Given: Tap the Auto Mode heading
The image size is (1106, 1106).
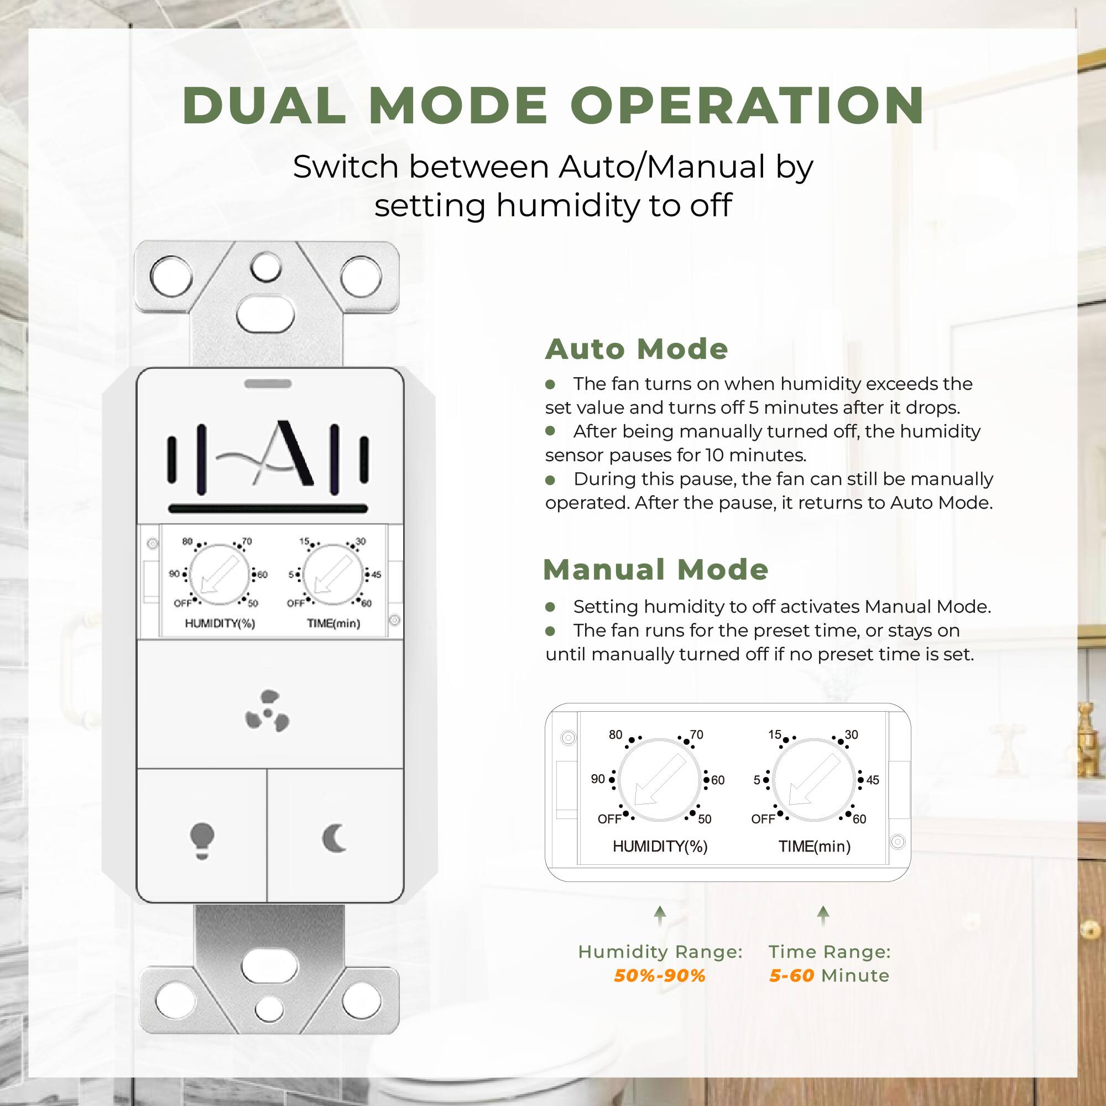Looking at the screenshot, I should pos(636,348).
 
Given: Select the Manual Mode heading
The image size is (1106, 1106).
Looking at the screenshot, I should pos(655,569).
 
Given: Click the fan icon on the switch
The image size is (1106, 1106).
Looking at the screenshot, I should pos(267,712).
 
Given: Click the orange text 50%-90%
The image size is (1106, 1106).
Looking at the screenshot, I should pos(660,975).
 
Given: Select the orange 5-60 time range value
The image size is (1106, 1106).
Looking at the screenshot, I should pos(791,975).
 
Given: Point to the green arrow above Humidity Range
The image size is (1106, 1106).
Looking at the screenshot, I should pos(660,915).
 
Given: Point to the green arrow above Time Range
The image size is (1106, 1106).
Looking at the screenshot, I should pos(823,915).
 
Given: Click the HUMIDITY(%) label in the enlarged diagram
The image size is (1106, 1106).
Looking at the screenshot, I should pos(660,847).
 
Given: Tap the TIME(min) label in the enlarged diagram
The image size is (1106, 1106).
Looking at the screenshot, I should pos(814,847).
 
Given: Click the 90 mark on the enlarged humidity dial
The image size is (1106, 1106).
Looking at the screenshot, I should pos(598,779).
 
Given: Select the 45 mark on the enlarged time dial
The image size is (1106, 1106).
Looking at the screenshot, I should pos(873,780).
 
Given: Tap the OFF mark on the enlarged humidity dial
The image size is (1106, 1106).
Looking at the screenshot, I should pos(609,819).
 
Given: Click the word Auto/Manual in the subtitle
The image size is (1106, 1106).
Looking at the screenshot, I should pos(662,167).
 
